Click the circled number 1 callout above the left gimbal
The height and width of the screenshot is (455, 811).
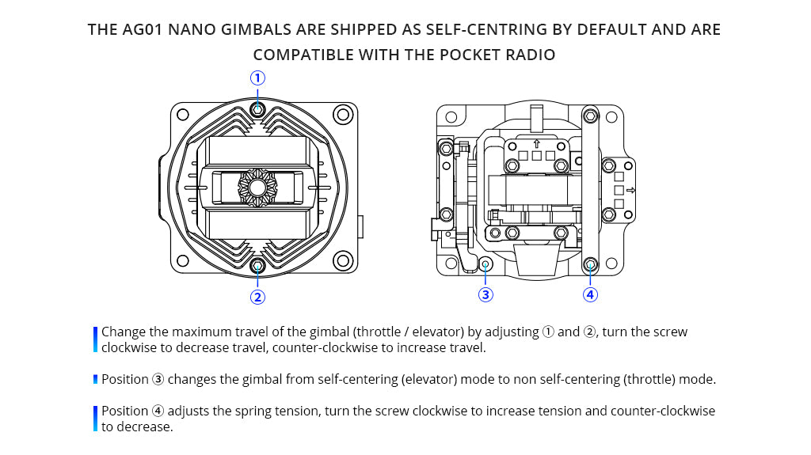tap(257, 78)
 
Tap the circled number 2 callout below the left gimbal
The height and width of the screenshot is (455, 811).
tap(257, 298)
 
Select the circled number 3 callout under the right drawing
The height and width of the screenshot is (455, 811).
tap(485, 294)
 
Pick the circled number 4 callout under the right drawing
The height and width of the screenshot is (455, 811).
tap(590, 294)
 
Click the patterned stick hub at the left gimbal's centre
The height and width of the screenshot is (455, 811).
tap(257, 188)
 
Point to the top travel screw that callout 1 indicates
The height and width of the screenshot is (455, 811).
tap(257, 108)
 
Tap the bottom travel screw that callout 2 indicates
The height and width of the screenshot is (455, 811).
tap(257, 266)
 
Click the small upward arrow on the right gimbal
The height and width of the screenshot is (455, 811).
tap(537, 144)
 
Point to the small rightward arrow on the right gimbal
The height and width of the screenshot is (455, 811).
tap(630, 191)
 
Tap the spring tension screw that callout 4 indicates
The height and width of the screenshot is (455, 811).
tap(590, 264)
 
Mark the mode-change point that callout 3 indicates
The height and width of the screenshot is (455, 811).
tap(485, 264)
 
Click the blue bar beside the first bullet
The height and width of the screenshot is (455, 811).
tap(95, 339)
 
